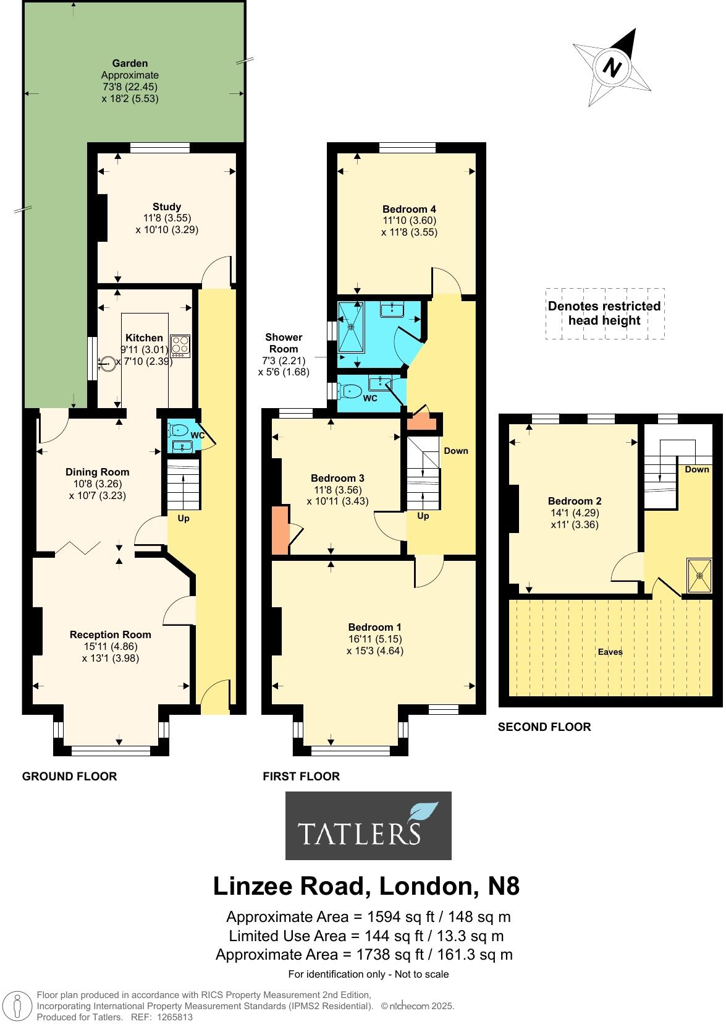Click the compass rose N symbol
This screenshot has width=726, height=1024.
tap(612, 67)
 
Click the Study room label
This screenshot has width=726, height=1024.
tap(167, 207)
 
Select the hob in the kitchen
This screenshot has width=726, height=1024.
tap(180, 345)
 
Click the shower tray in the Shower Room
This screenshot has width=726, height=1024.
tap(351, 328)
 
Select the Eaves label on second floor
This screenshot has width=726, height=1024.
tap(610, 652)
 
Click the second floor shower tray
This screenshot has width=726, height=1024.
tap(700, 576)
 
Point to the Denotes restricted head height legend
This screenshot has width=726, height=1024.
tap(605, 314)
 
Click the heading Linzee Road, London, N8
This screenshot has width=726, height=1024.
tap(366, 887)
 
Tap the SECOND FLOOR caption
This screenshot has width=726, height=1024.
tap(544, 727)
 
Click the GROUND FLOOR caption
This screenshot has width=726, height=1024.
tap(69, 776)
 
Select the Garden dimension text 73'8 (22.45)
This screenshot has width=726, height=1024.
tap(130, 87)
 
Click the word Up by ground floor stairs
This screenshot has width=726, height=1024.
tap(184, 518)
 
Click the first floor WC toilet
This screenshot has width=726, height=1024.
tap(352, 391)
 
